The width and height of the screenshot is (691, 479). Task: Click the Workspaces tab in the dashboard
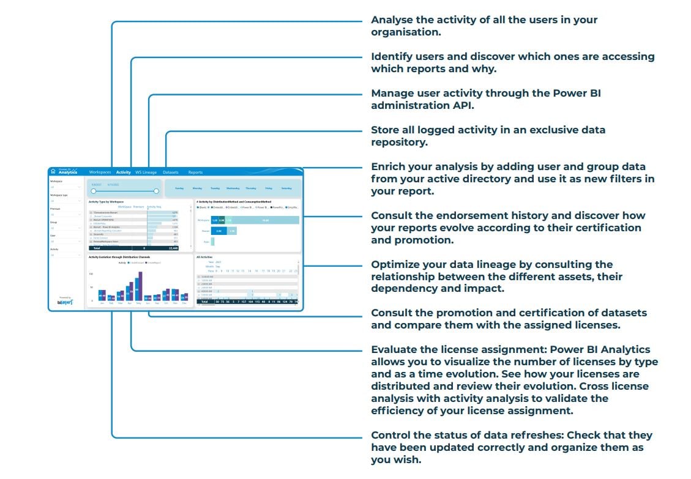coord(100,173)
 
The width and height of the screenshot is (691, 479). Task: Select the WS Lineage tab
coord(146,173)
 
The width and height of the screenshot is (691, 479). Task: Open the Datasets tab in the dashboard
coord(171,173)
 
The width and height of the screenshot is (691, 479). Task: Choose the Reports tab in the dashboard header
coord(195,173)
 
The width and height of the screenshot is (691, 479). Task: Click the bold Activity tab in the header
coord(124,173)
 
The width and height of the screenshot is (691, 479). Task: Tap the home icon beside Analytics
coord(53,172)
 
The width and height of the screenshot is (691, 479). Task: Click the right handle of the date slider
coord(156,191)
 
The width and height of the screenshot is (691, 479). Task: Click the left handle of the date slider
coord(93,191)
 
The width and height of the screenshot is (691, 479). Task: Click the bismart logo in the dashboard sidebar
coord(65,302)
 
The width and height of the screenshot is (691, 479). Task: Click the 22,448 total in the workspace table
coord(173,248)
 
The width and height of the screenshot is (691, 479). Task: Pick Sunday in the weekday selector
coord(179,188)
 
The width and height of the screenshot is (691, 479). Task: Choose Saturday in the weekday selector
coord(286,188)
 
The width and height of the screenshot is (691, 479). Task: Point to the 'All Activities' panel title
coord(204,257)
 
